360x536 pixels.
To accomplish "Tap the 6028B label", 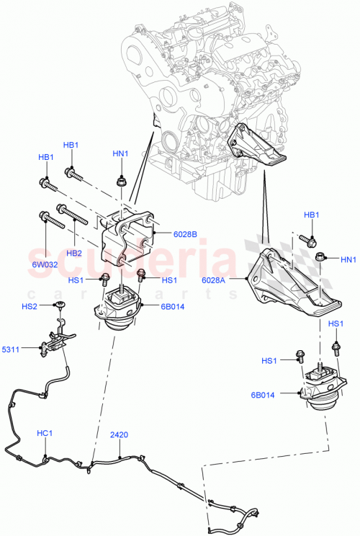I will pos(185,233).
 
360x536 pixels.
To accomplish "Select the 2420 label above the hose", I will pos(120,435).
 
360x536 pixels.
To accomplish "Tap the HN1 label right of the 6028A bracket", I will pos(348,259).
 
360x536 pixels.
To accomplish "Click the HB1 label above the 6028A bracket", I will pos(311,215).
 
